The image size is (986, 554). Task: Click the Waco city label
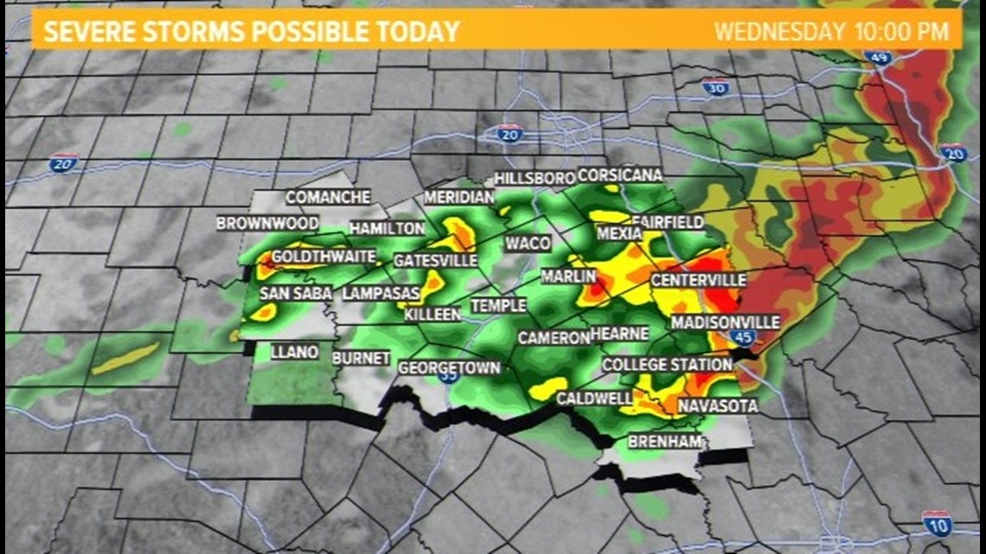(527, 243)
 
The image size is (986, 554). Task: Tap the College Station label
(667, 365)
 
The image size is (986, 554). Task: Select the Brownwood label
(255, 223)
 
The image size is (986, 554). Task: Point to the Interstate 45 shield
(742, 338)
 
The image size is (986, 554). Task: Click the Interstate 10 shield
(938, 524)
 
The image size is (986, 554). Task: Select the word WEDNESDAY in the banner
(778, 33)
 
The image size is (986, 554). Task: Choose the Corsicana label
(619, 175)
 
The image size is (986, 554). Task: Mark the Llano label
(294, 352)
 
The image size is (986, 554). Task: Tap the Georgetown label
(449, 368)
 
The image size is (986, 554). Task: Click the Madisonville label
(725, 322)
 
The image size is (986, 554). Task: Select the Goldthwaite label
(323, 257)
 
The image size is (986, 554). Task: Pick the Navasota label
(717, 405)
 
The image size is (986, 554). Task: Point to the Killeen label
(432, 315)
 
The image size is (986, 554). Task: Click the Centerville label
(698, 280)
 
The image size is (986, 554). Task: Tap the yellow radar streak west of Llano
(126, 358)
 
